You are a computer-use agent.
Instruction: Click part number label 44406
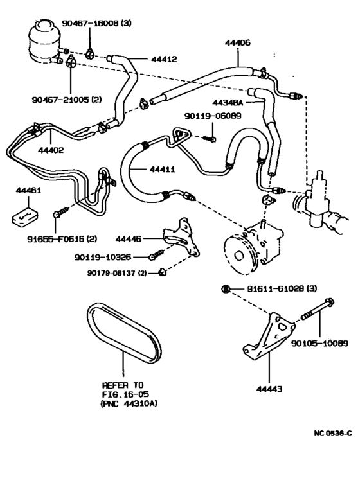[238, 42]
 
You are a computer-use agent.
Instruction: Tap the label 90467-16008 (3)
[96, 23]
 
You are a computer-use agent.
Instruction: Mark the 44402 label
[51, 151]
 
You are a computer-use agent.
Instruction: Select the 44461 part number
[28, 191]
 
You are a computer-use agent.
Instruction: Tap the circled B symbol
[225, 289]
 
